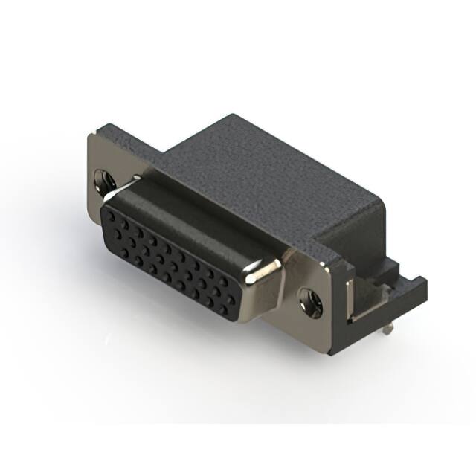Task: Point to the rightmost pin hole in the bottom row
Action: point(231,307)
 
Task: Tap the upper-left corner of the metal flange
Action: point(89,137)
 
